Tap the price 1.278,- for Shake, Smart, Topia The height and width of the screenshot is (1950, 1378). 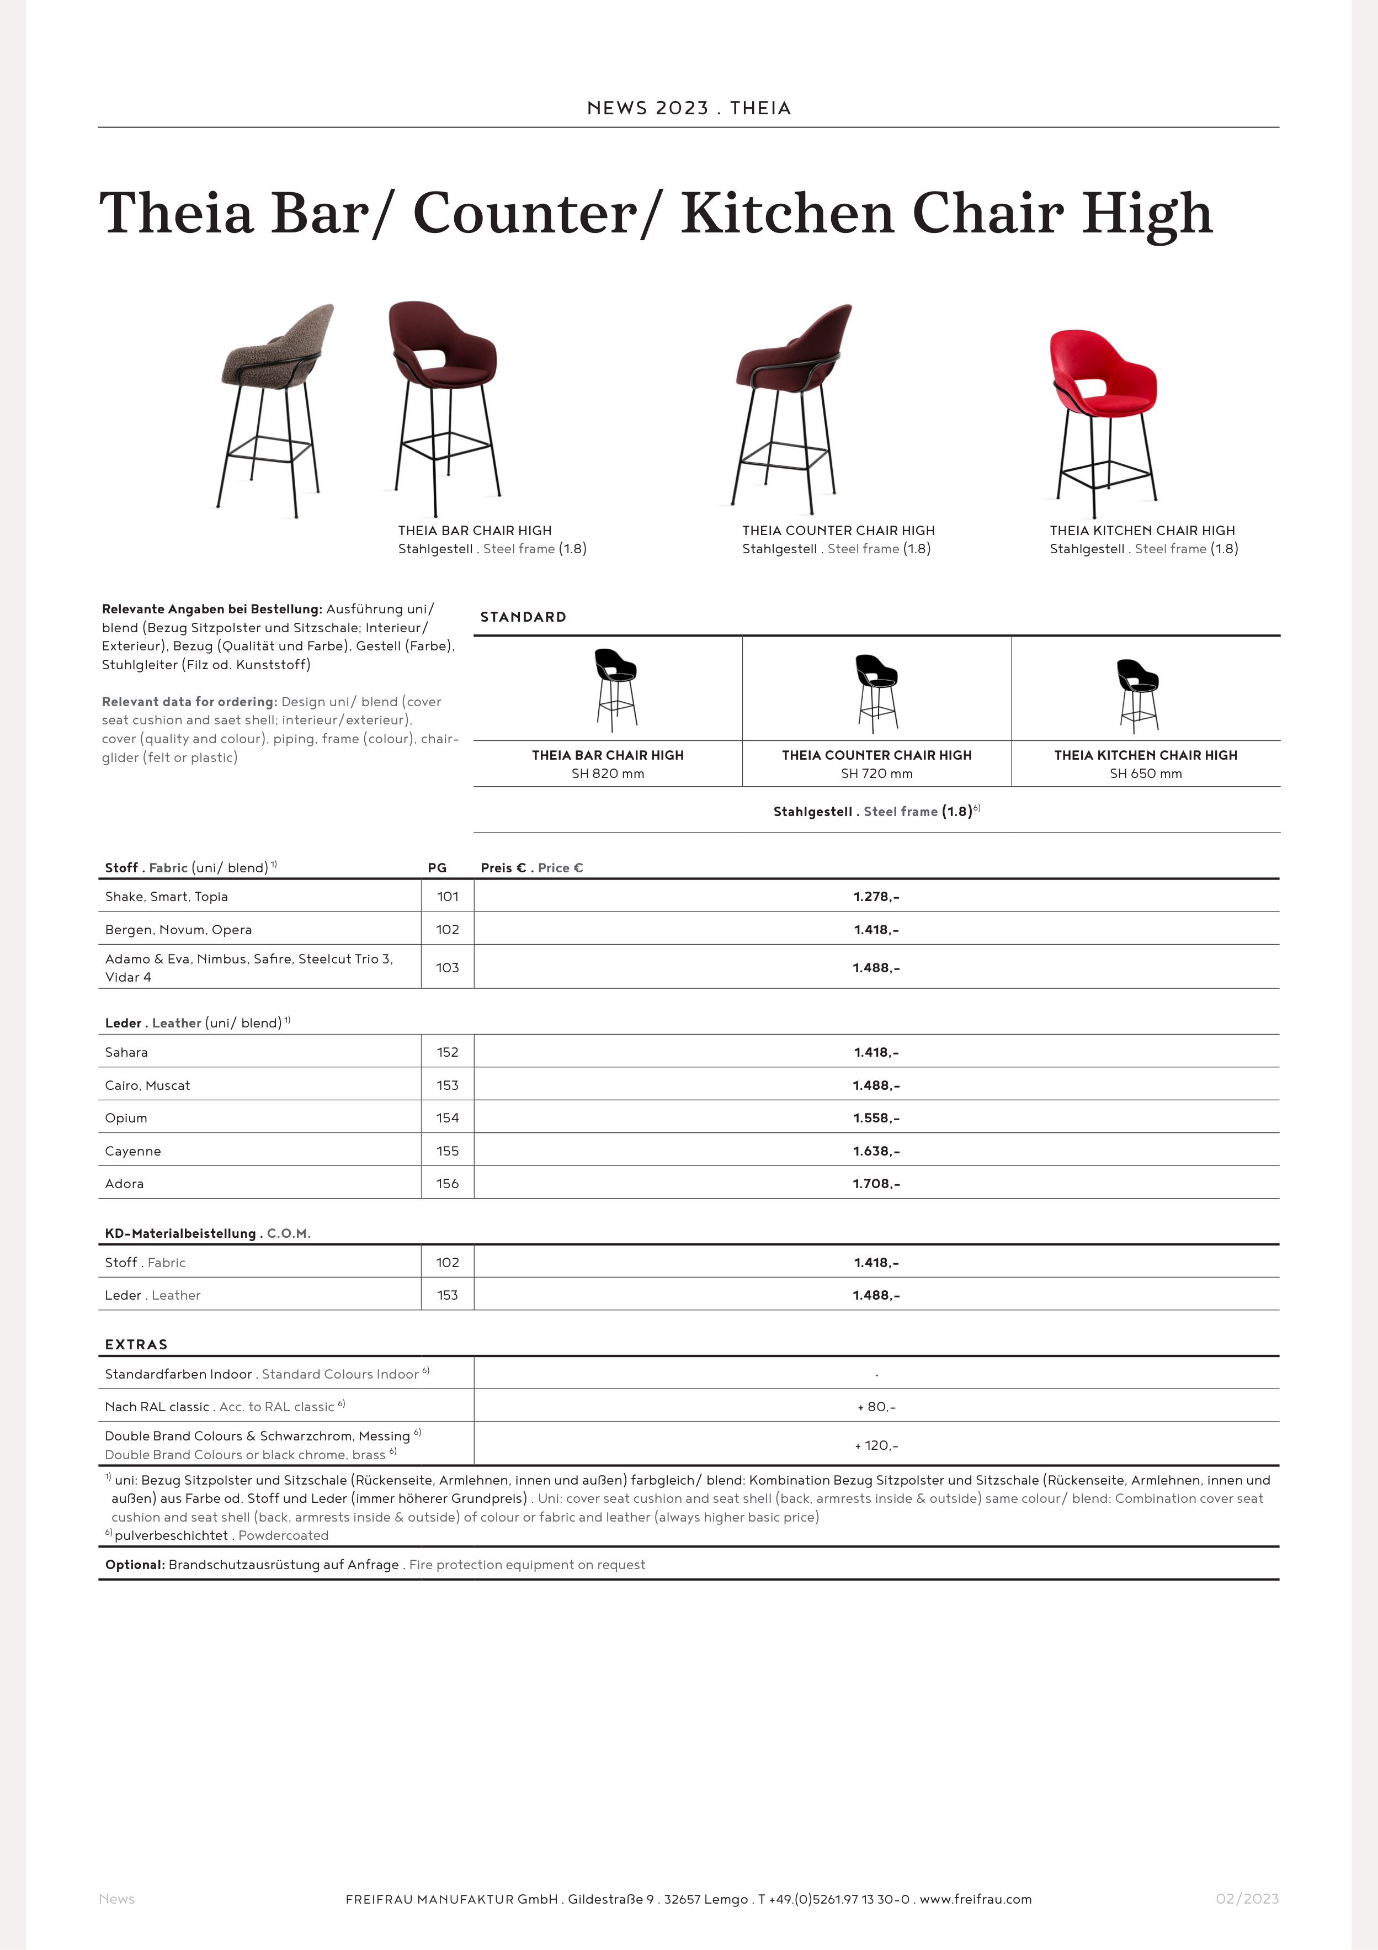tap(876, 897)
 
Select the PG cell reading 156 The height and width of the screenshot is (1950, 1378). tap(448, 1183)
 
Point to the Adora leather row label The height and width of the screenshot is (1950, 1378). tap(124, 1184)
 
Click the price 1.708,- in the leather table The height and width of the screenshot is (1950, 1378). tap(876, 1184)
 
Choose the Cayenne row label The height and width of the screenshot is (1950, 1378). tap(132, 1151)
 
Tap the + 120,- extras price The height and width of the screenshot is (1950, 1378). tap(876, 1445)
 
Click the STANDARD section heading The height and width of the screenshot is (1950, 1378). tap(523, 617)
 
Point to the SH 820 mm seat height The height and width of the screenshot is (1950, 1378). tap(608, 773)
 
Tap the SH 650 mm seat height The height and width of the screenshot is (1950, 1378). tap(1145, 773)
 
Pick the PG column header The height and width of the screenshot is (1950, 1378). tap(437, 868)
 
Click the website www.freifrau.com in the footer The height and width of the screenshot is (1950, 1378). tap(976, 1899)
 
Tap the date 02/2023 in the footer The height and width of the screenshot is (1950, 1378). tap(1247, 1899)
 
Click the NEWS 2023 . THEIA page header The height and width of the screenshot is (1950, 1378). tap(689, 108)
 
